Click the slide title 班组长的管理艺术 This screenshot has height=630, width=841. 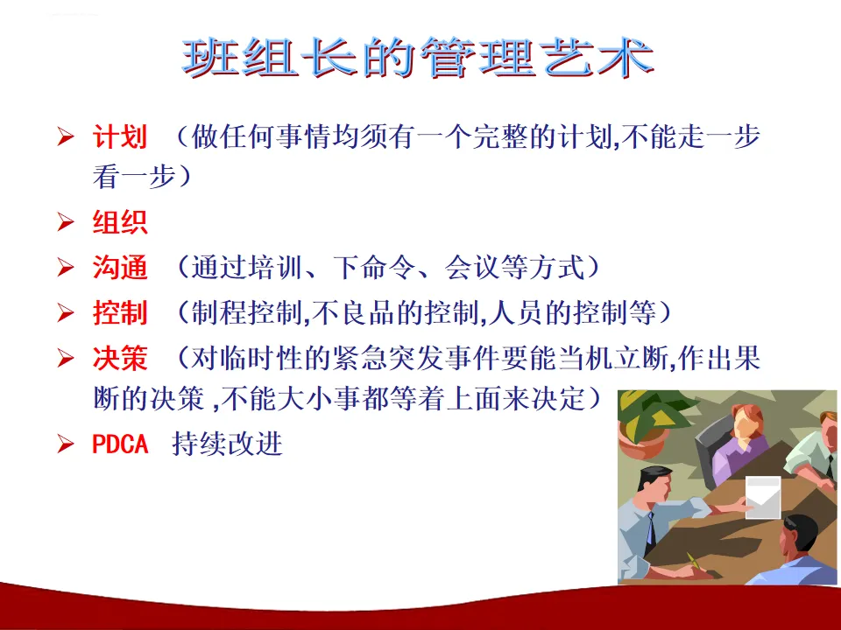click(x=419, y=58)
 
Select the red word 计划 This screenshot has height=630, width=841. click(x=120, y=136)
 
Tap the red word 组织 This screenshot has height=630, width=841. click(x=120, y=221)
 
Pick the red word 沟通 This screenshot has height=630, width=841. click(x=120, y=268)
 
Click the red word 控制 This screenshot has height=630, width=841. click(x=120, y=313)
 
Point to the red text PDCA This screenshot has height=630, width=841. click(x=120, y=444)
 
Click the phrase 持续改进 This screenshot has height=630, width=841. click(x=227, y=444)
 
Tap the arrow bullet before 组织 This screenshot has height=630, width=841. click(x=66, y=221)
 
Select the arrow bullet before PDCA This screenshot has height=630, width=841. click(x=66, y=444)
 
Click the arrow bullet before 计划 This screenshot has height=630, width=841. click(x=66, y=136)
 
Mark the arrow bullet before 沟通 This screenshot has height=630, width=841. click(x=66, y=268)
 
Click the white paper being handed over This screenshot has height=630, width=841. click(x=763, y=497)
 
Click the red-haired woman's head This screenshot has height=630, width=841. click(x=747, y=422)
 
